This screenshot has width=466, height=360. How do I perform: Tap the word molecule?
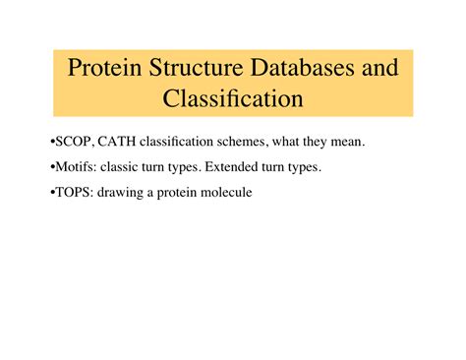coord(226,193)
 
